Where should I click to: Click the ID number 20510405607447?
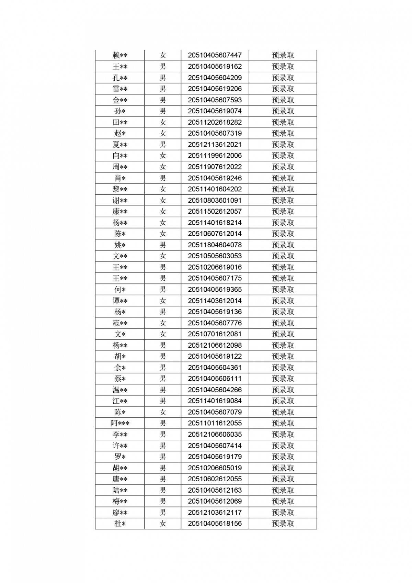click(215, 55)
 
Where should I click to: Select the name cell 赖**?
click(120, 55)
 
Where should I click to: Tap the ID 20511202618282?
click(215, 122)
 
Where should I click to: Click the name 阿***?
click(120, 423)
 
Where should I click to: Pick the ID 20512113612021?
click(215, 145)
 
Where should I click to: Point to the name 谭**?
click(120, 301)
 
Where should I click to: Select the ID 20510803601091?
click(215, 200)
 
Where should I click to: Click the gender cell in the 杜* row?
click(163, 524)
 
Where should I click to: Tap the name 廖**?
click(120, 513)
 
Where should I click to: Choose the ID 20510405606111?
click(215, 379)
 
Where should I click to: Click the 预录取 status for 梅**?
click(283, 501)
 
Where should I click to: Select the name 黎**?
click(120, 189)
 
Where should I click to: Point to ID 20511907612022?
click(215, 167)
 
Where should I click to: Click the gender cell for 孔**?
click(163, 78)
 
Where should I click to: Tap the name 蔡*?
click(120, 379)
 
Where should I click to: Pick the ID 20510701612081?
click(215, 334)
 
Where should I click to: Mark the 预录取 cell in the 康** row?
click(283, 211)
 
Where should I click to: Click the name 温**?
click(120, 390)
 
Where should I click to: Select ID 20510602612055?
click(215, 479)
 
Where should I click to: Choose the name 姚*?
click(120, 245)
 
